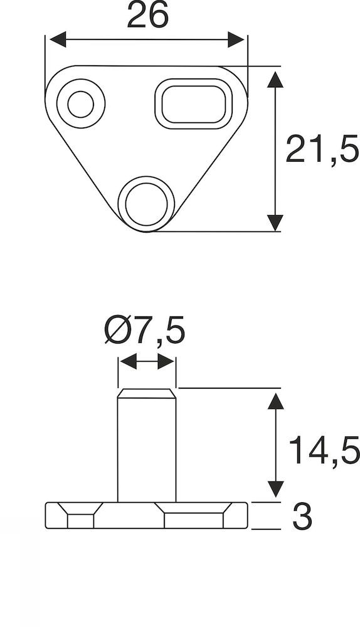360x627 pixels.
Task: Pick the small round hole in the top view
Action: coord(80,103)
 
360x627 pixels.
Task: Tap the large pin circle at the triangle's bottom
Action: coord(147,202)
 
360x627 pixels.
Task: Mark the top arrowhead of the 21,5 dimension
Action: coord(274,79)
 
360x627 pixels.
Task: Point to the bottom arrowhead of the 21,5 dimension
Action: coord(274,222)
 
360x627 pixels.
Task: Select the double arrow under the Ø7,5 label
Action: coord(147,361)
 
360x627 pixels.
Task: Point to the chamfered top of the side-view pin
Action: coord(147,394)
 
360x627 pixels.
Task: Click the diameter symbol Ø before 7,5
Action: coord(116,330)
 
